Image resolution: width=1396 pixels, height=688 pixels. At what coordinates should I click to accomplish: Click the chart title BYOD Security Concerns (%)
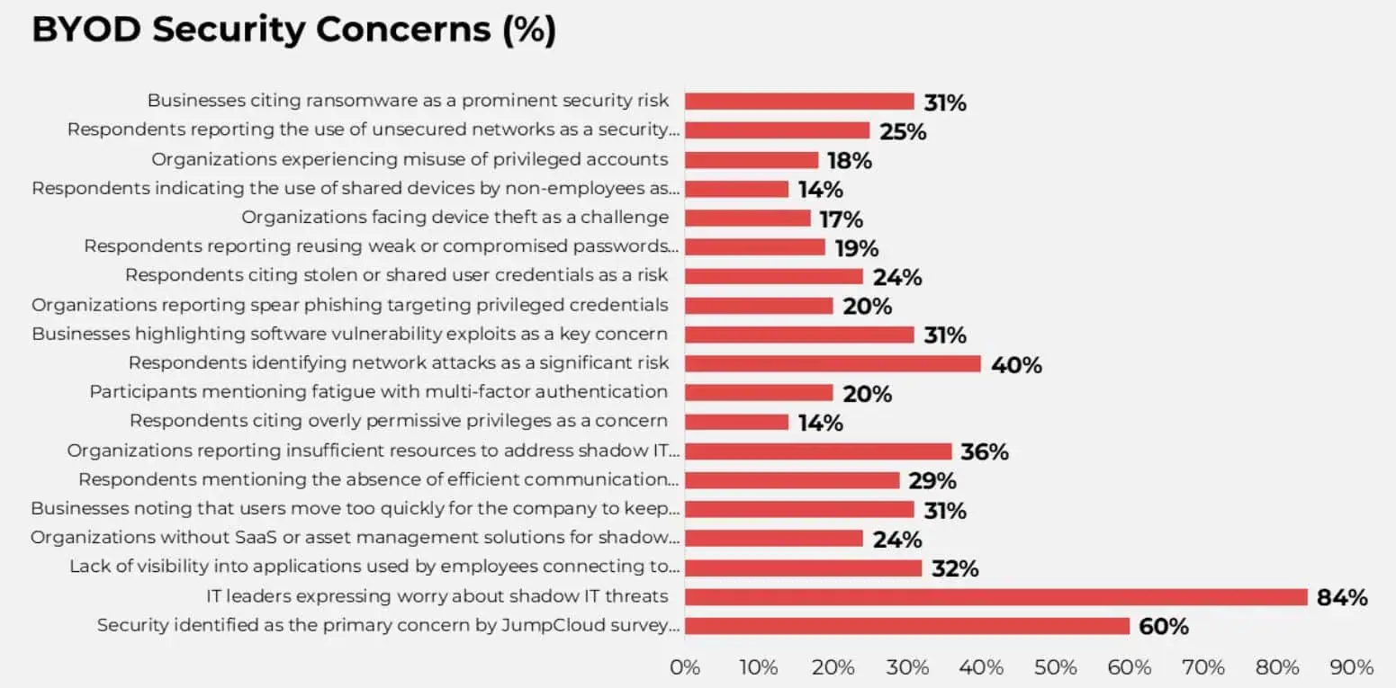click(293, 30)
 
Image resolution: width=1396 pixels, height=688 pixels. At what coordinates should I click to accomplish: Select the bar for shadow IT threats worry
click(995, 597)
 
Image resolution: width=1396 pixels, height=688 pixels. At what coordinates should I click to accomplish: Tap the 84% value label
click(1342, 597)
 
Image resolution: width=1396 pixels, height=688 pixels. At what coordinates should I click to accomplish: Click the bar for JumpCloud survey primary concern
click(906, 626)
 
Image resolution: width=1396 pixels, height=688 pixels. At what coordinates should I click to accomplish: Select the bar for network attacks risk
click(833, 363)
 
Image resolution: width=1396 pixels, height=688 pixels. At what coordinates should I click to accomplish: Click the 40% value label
click(1016, 365)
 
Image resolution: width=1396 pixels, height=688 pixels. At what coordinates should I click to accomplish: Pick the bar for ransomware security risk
click(799, 102)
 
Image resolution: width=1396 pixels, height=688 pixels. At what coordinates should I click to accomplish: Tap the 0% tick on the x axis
click(685, 667)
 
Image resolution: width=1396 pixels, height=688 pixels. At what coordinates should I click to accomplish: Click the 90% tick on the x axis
click(1351, 667)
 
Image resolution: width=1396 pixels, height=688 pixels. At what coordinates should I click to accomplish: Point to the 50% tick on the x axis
click(1055, 667)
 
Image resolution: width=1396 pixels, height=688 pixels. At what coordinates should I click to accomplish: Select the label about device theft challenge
click(455, 218)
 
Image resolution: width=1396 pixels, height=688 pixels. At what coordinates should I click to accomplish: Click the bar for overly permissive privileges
click(736, 422)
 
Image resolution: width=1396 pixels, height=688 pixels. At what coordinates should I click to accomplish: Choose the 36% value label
click(985, 452)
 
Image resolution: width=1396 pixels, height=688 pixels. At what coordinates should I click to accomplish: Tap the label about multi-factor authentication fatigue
click(378, 392)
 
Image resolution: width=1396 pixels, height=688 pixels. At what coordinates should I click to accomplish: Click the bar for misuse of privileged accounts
click(752, 160)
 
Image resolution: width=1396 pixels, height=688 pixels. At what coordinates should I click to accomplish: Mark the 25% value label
click(903, 131)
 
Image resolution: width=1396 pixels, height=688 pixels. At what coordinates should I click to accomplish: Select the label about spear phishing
click(349, 305)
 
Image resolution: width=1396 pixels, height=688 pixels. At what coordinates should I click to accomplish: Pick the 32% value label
click(955, 568)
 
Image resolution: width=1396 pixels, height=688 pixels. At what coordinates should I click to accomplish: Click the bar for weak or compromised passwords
click(755, 247)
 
